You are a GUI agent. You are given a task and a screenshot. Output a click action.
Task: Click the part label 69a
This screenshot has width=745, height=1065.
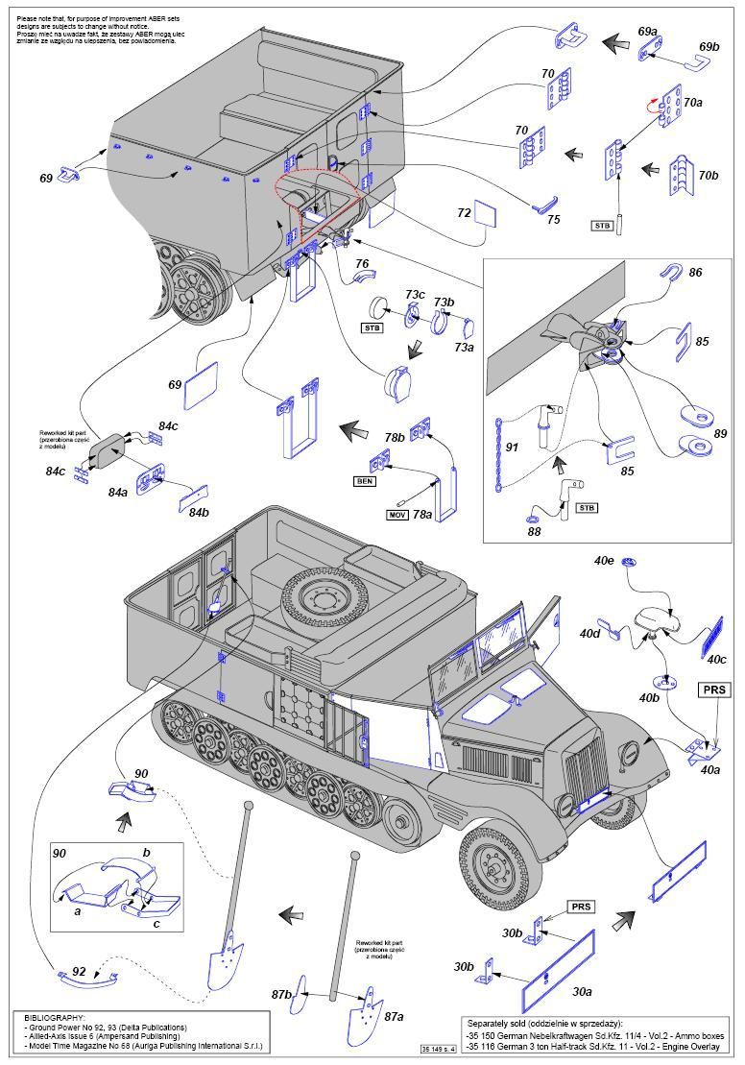[x=648, y=32]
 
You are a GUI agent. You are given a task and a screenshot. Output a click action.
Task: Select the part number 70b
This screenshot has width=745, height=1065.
[x=709, y=176]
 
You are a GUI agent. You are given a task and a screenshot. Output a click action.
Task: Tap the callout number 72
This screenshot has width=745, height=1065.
[x=464, y=212]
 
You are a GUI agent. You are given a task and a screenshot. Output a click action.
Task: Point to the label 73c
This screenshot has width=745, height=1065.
[x=415, y=294]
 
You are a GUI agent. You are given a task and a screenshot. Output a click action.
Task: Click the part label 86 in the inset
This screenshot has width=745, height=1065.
[x=695, y=273]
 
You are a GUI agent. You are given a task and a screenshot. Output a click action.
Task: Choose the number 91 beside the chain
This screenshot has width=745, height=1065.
[x=512, y=447]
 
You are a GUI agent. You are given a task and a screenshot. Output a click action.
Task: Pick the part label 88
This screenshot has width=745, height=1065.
[x=535, y=530]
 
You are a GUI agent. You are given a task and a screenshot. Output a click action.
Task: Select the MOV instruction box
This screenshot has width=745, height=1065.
[x=397, y=515]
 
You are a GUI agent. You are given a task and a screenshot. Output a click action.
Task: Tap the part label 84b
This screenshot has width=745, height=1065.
[x=198, y=512]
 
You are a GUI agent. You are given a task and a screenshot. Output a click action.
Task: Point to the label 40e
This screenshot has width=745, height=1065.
[x=604, y=560]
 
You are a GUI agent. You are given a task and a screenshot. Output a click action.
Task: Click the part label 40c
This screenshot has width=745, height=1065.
[x=717, y=659]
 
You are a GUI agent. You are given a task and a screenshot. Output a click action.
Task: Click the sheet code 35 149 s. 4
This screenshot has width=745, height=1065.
[x=434, y=1047]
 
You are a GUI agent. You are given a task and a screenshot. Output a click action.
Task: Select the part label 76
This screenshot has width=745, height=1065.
[x=362, y=263]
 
